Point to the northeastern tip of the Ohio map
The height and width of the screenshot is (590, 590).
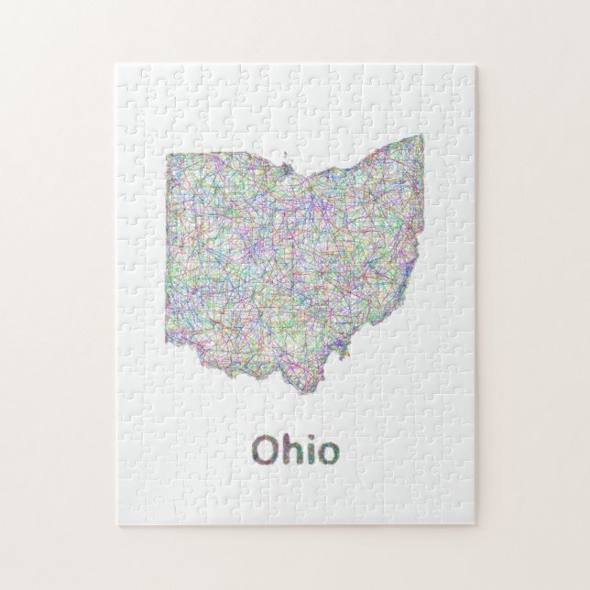(x=422, y=136)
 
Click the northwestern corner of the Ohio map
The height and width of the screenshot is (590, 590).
(x=167, y=155)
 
